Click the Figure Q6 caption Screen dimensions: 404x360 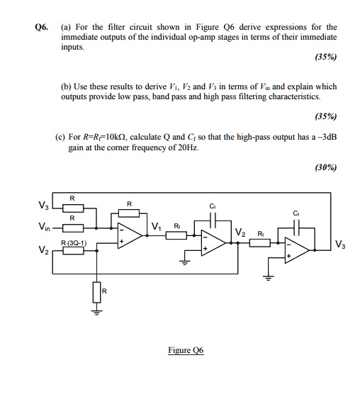185,350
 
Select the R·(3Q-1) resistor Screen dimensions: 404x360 74,249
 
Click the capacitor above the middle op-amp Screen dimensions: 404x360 208,220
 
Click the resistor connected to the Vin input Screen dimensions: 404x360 74,228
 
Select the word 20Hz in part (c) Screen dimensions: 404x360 189,146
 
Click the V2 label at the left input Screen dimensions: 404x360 23,251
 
